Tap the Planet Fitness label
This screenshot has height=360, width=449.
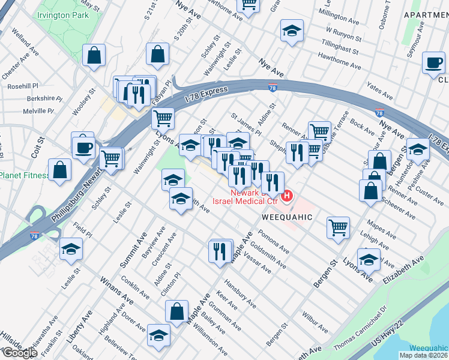(24, 175)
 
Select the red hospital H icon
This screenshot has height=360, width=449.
(288, 195)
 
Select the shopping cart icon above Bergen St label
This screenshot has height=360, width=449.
(339, 227)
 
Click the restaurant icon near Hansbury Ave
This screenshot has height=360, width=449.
(221, 250)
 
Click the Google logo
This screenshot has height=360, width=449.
(20, 352)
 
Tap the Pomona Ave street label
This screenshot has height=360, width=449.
(274, 241)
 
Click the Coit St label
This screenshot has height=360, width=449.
(41, 149)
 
